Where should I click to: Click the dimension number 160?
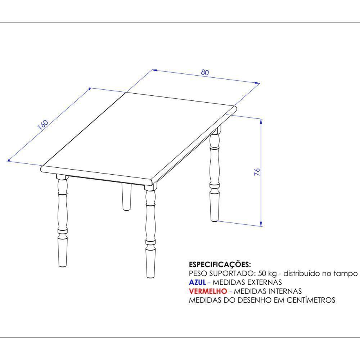[43, 124]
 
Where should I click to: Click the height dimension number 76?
[257, 172]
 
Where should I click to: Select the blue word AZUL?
[197, 282]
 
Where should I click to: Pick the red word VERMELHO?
[208, 291]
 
